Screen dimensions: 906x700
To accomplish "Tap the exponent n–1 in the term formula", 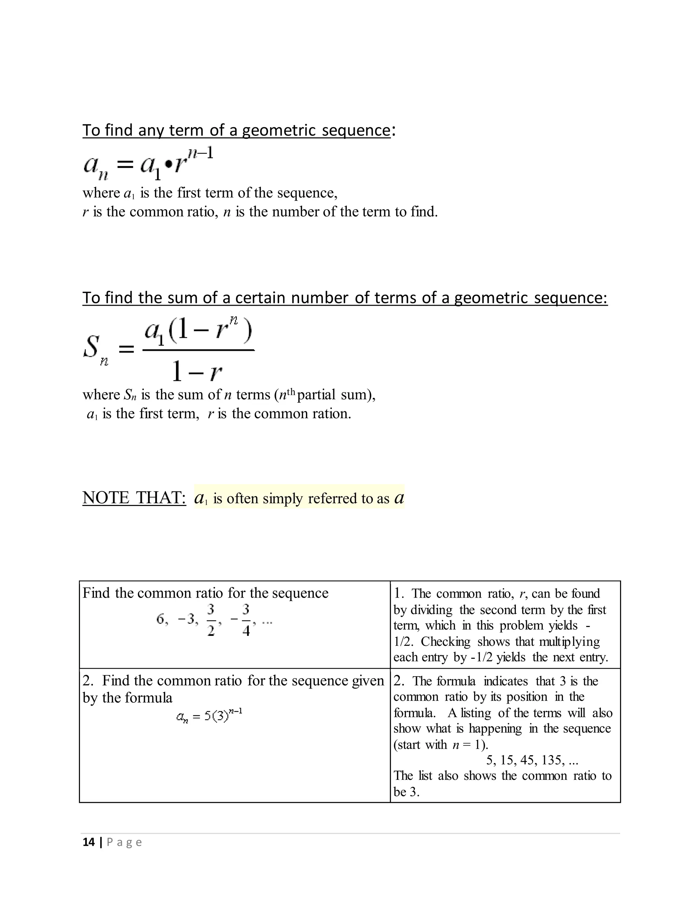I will coord(200,153).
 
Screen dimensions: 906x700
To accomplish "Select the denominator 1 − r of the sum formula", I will coord(197,371).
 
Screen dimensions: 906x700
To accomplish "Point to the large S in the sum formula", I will coord(92,346).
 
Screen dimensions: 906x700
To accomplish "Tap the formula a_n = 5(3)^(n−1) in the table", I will coord(209,716).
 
